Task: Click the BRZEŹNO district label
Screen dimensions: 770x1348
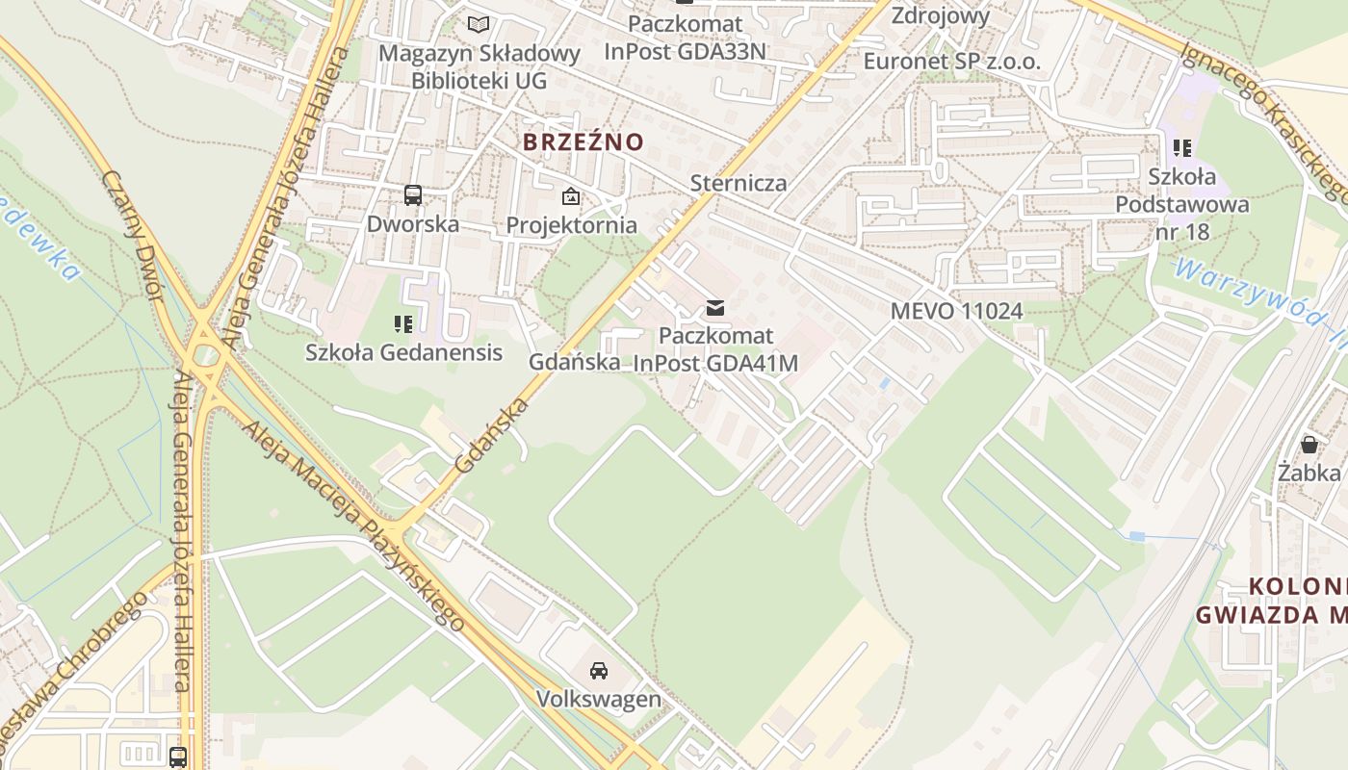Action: (583, 142)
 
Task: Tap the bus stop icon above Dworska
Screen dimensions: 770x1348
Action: (413, 195)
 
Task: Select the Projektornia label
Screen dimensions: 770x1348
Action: (571, 225)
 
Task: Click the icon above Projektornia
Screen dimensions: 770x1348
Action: (571, 196)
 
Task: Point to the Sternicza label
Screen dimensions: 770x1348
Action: (739, 183)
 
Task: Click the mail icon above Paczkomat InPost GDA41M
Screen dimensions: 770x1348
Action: (715, 308)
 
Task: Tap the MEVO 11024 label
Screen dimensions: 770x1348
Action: (956, 311)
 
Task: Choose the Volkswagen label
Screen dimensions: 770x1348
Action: (599, 699)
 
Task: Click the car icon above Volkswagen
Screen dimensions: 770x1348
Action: (599, 670)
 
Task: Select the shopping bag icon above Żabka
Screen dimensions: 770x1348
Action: (1309, 445)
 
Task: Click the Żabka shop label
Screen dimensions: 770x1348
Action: (1309, 473)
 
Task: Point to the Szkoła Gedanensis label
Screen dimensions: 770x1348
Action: (403, 352)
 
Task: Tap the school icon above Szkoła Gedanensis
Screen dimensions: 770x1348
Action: (403, 324)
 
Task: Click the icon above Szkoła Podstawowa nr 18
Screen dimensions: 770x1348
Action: (1182, 148)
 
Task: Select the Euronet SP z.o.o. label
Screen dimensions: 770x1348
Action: (951, 62)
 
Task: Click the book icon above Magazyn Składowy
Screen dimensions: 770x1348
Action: (479, 24)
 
